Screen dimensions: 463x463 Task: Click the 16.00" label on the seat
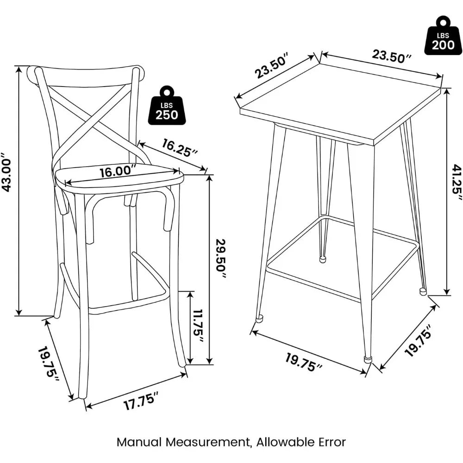click(118, 171)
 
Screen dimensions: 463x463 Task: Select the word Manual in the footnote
click(138, 442)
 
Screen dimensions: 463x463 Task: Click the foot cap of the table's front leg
click(368, 358)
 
